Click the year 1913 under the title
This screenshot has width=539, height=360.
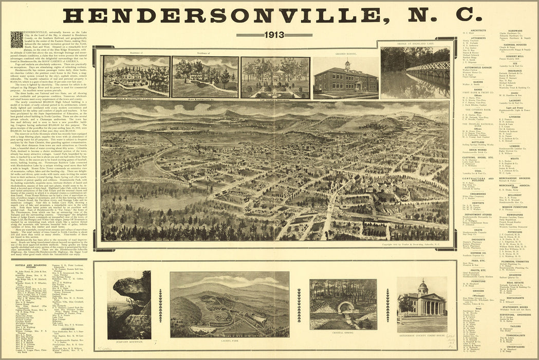(274, 35)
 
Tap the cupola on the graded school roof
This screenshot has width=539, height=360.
(347, 64)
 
